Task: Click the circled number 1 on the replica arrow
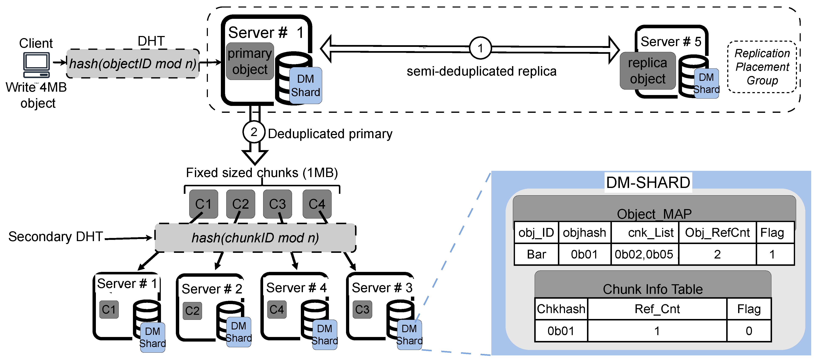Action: pos(480,48)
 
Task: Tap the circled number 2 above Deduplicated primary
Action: pos(254,132)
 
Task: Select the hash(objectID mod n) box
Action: pos(133,64)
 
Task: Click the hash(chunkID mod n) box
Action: pos(255,238)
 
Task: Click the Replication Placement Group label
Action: pos(762,67)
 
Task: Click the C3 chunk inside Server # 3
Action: pos(362,309)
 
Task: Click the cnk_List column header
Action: pos(651,233)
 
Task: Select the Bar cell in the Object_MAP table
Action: pos(536,254)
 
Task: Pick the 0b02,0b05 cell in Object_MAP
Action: pos(644,254)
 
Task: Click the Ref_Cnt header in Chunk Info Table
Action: pos(657,309)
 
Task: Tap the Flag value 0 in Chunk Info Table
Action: pos(749,331)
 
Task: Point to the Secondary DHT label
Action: pos(56,237)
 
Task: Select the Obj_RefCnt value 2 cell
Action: pos(717,254)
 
